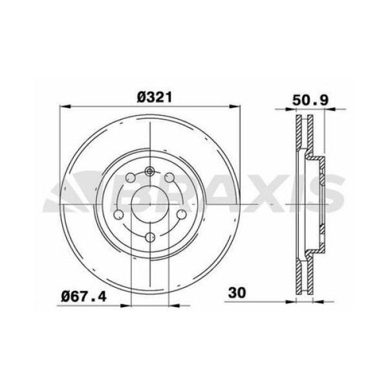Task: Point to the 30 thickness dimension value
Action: pyautogui.click(x=237, y=293)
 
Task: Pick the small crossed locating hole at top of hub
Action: pyautogui.click(x=149, y=171)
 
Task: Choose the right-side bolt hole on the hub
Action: pyautogui.click(x=181, y=215)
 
